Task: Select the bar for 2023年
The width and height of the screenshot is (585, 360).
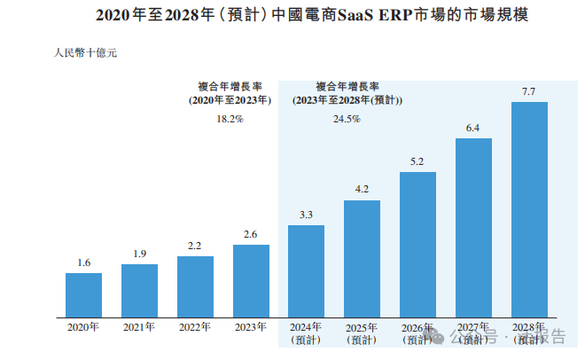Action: [x=251, y=280]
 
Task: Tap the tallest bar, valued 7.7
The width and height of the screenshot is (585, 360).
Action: [x=530, y=208]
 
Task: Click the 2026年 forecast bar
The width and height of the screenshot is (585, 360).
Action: [x=418, y=243]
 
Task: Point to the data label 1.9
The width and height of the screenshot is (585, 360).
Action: [x=139, y=254]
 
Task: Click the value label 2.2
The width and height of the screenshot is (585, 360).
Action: [x=195, y=247]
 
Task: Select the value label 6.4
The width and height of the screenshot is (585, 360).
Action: [x=473, y=129]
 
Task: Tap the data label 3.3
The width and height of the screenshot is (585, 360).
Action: [x=307, y=215]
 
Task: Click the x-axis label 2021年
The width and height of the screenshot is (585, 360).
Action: [x=139, y=327]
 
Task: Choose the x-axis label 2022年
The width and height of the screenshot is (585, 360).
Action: [x=195, y=327]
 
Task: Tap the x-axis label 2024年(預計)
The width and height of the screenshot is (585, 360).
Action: [x=307, y=333]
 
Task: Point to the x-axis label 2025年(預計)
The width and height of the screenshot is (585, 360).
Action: [x=363, y=333]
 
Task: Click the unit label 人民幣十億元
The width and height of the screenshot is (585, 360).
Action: [x=86, y=52]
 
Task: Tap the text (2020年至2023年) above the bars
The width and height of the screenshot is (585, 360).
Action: [x=230, y=101]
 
